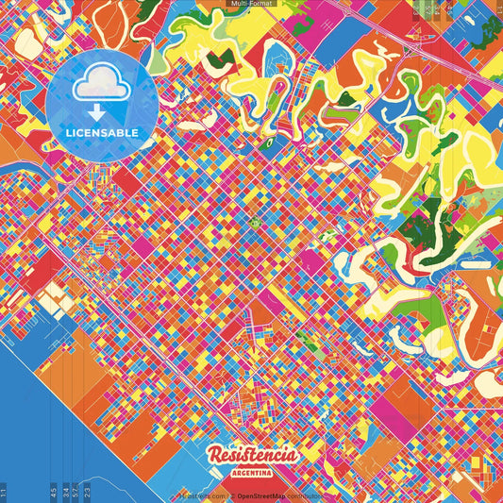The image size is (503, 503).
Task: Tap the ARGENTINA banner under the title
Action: (251, 471)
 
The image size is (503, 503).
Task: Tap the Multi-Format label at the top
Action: (251, 4)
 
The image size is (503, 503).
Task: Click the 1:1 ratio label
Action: (5, 492)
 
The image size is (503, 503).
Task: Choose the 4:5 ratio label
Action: (55, 492)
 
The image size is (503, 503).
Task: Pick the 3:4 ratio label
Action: (65, 492)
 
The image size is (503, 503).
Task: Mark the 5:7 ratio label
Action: (75, 492)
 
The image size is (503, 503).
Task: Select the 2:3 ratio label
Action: (88, 492)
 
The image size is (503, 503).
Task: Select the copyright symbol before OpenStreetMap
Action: (231, 495)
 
